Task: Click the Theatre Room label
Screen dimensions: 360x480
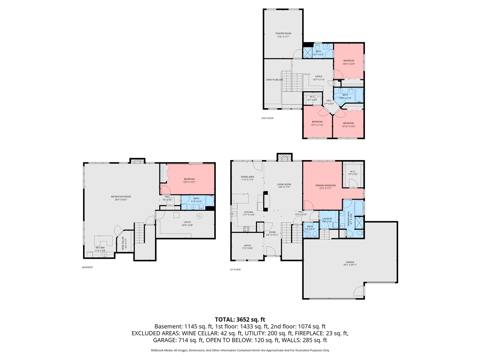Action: coord(283,35)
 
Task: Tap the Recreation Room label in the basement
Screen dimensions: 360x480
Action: coord(121,198)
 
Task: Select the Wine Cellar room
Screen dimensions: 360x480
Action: coord(123,244)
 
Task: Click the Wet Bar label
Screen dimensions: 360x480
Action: coord(100,249)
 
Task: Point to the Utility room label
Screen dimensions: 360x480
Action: coord(187,223)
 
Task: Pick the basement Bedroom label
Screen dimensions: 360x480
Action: coord(189,180)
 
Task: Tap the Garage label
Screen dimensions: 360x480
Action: coord(350,264)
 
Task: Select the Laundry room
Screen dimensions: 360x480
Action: coord(327,220)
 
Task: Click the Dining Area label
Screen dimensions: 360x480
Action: coord(247,178)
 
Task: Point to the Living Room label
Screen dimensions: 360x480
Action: coord(284,186)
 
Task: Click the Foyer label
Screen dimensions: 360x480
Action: coord(272,233)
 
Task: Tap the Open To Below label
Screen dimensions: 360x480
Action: coord(274,80)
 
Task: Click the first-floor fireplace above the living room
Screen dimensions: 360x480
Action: coord(284,157)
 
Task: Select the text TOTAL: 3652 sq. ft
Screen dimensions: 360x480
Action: coord(240,319)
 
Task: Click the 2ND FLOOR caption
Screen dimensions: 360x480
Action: coord(267,118)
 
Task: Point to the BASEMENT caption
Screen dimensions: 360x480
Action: coord(87,267)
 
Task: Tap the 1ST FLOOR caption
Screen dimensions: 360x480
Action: coord(235,270)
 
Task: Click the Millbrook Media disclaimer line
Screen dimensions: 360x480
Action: coord(240,350)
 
